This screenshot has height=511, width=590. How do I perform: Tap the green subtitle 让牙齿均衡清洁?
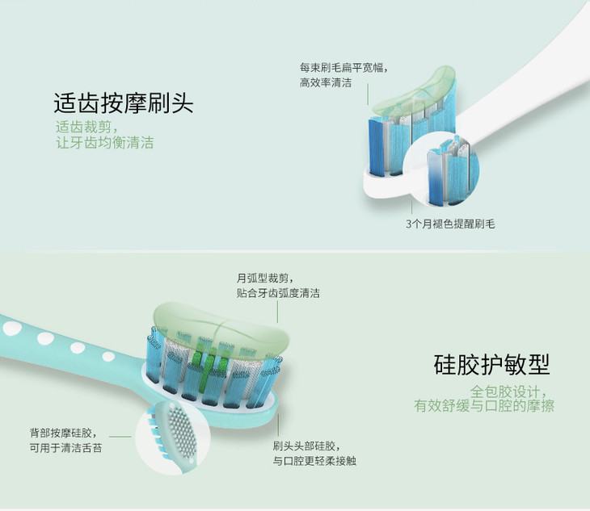coord(104,143)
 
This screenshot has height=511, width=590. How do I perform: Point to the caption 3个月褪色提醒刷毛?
coord(450,224)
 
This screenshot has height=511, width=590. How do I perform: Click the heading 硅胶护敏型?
coord(491,364)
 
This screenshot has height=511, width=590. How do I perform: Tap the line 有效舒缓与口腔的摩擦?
coord(484,406)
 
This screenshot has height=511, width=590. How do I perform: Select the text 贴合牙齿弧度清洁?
coord(278,294)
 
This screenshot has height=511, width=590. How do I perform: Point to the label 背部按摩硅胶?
coord(61,433)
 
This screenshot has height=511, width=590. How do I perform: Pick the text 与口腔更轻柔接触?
coord(314,461)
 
